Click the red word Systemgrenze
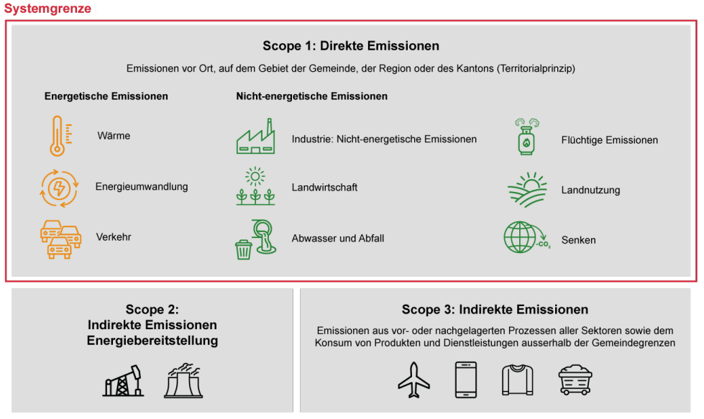pos(47,9)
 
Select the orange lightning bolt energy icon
pos(59,188)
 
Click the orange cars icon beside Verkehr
pos(60,239)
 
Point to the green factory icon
pos(255,137)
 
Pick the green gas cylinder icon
pos(526,137)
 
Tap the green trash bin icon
pos(243,249)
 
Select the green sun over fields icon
pos(528,190)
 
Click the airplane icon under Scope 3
pos(413,380)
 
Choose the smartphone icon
pos(466,380)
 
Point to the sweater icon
pos(517,380)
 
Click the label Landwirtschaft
pos(324,188)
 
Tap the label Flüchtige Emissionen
pos(609,140)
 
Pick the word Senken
pos(578,240)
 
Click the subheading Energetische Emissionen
pos(106,96)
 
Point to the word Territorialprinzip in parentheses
pos(536,69)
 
